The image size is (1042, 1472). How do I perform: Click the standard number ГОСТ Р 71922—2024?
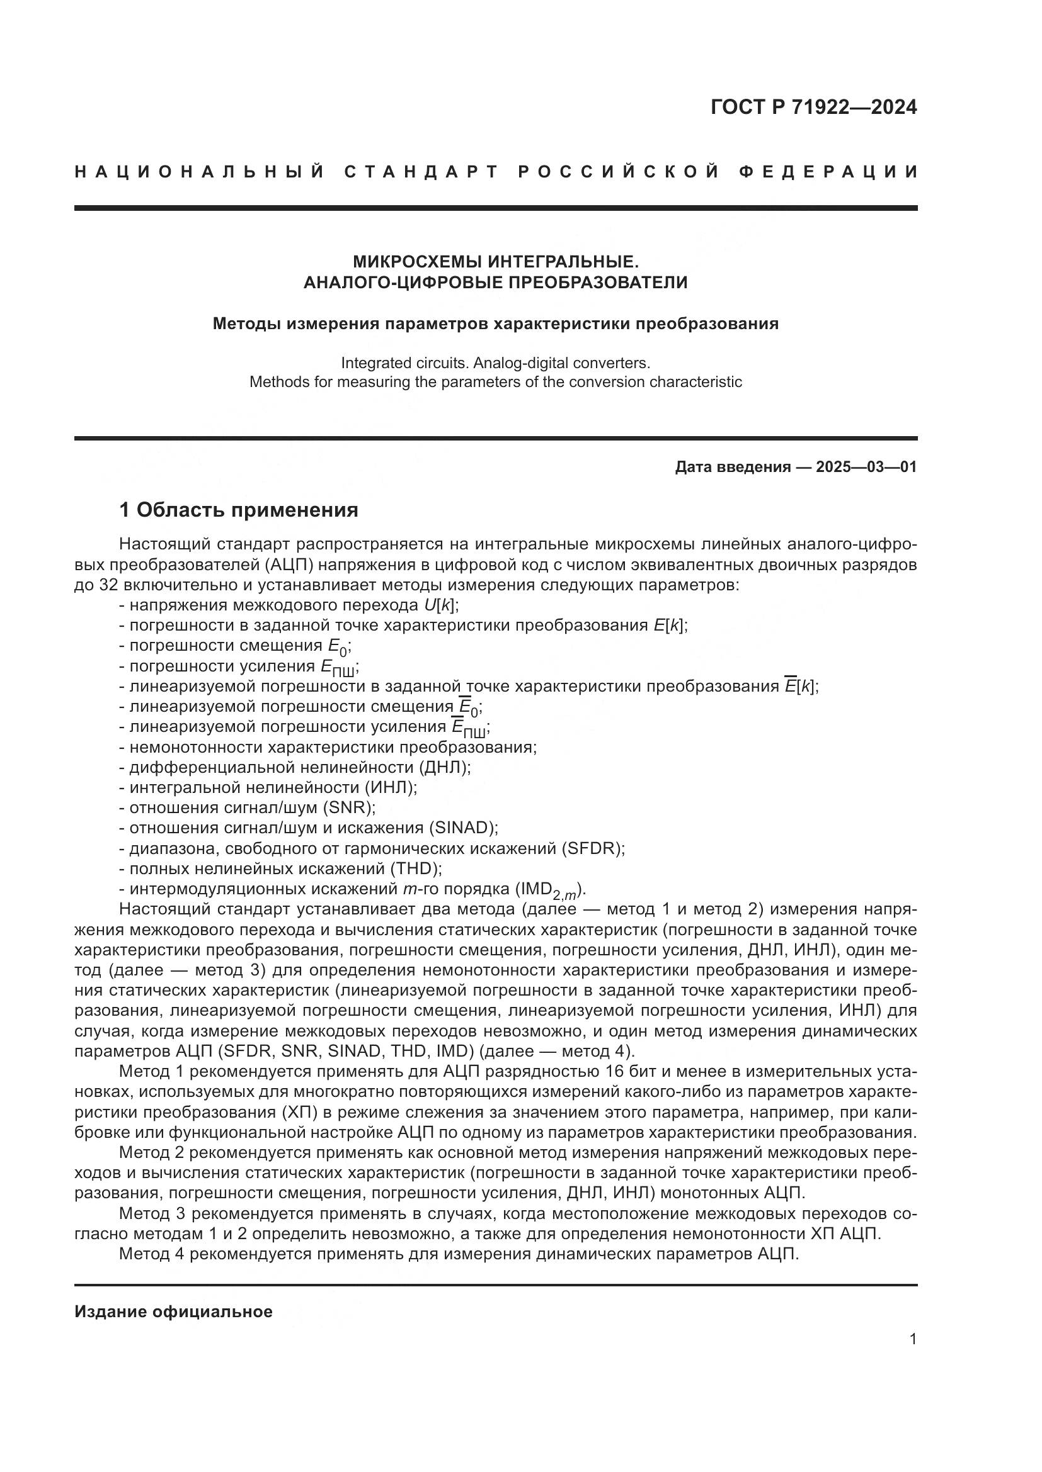pyautogui.click(x=813, y=107)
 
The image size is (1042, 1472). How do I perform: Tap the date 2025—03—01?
pyautogui.click(x=866, y=467)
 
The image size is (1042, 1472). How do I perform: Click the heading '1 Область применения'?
pyautogui.click(x=239, y=510)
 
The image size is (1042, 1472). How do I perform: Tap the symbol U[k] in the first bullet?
pyautogui.click(x=442, y=605)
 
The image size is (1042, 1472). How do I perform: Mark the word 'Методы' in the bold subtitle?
pyautogui.click(x=246, y=323)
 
